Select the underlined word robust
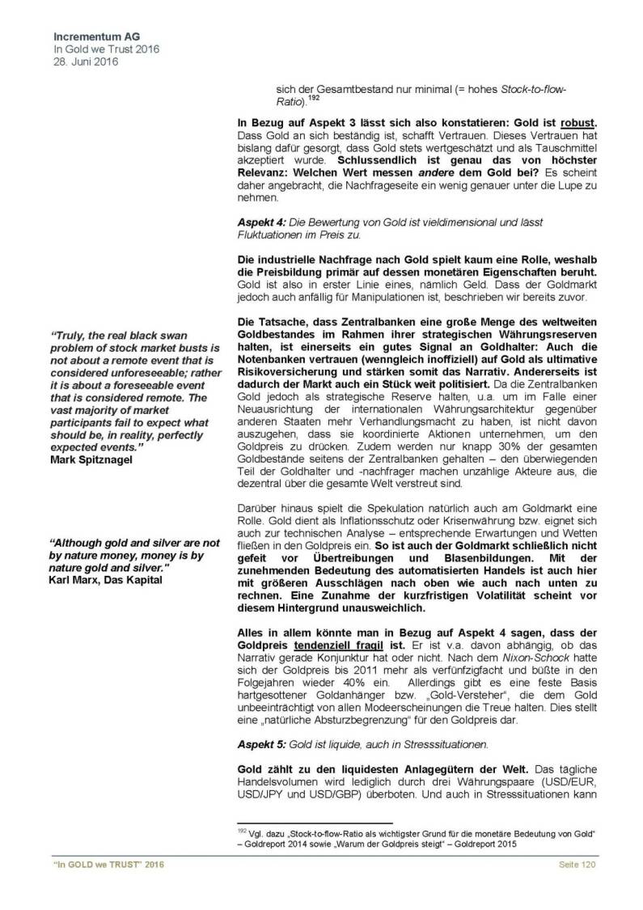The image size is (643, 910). (578, 122)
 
